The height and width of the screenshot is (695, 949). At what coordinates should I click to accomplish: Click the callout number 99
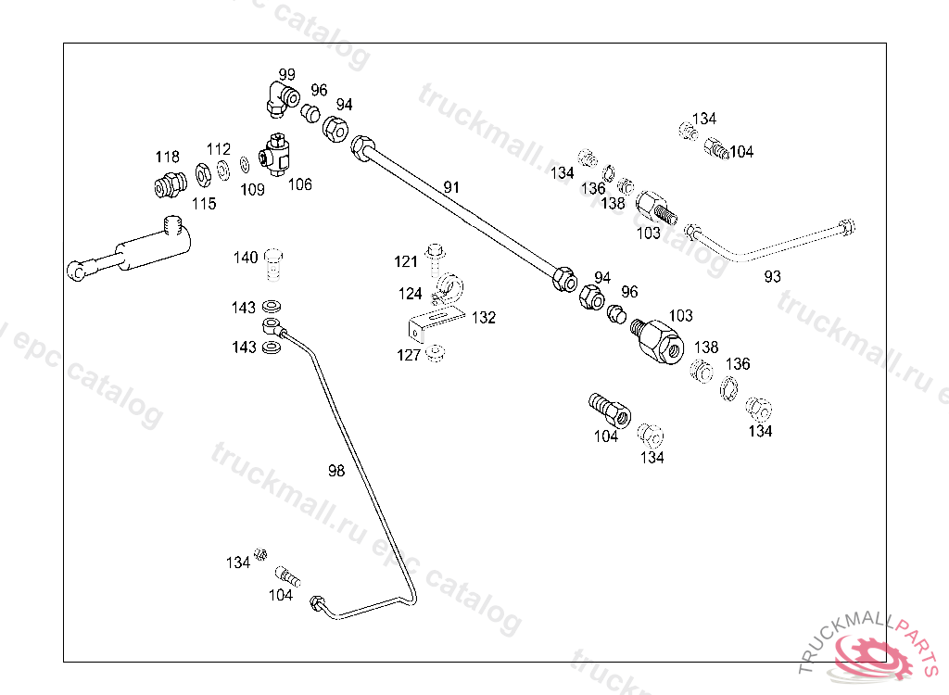[x=287, y=74]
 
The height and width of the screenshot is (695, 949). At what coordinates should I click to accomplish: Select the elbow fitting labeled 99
[x=279, y=98]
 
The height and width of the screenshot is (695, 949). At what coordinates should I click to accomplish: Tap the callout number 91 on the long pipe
[x=451, y=187]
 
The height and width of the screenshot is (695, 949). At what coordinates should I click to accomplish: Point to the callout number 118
[x=167, y=156]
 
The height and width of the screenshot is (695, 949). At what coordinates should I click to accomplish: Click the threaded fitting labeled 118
[x=167, y=186]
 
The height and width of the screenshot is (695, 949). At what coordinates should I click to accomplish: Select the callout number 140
[x=246, y=258]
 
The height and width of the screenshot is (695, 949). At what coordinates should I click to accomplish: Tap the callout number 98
[x=335, y=471]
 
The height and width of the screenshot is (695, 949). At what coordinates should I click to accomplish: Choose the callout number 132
[x=483, y=318]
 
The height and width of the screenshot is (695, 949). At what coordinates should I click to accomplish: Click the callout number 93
[x=772, y=276]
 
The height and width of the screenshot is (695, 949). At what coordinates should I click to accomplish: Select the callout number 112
[x=218, y=149]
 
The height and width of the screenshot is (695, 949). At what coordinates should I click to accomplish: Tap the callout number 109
[x=252, y=190]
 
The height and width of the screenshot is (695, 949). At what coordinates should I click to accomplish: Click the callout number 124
[x=410, y=294]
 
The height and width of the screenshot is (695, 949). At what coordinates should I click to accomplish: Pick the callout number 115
[x=204, y=204]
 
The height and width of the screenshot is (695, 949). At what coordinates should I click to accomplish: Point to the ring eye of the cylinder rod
[x=77, y=271]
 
